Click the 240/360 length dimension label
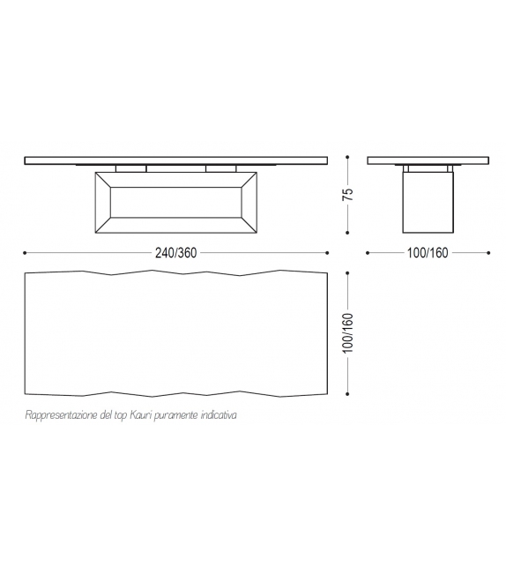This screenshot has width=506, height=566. [175, 252]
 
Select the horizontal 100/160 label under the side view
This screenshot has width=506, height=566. [428, 252]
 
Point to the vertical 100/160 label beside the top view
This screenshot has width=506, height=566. [348, 332]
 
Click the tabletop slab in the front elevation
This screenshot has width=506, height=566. [175, 160]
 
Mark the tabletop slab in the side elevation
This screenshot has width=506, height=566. [428, 160]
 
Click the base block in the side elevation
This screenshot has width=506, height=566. [428, 202]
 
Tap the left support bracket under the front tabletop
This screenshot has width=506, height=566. [130, 168]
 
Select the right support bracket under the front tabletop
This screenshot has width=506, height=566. [220, 168]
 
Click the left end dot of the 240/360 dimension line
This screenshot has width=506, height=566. [25, 252]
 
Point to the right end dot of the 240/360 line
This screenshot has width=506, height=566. [328, 252]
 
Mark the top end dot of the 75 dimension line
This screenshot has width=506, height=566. [348, 157]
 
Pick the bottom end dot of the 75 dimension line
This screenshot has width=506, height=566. [348, 234]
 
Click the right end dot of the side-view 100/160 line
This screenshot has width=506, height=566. [490, 252]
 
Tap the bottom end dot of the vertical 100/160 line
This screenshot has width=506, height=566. [348, 394]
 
